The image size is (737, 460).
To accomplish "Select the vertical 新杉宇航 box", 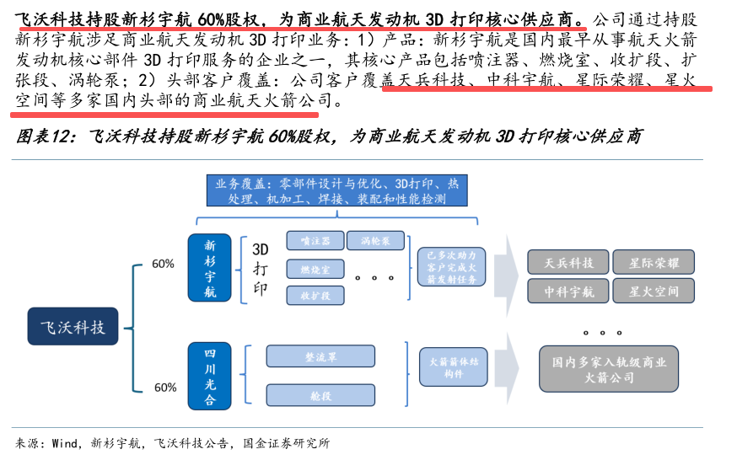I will (211, 267).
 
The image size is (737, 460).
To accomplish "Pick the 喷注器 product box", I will (315, 240).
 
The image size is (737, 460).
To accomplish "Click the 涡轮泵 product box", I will (380, 240).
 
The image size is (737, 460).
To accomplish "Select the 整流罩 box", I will (320, 356).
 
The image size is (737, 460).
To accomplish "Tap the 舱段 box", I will (320, 395).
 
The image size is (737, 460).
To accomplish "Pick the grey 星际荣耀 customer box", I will (654, 262).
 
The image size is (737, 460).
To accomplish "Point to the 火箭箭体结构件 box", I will (449, 366).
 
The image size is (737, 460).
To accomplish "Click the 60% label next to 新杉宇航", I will (164, 264).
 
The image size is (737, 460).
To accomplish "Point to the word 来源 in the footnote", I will (27, 443).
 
